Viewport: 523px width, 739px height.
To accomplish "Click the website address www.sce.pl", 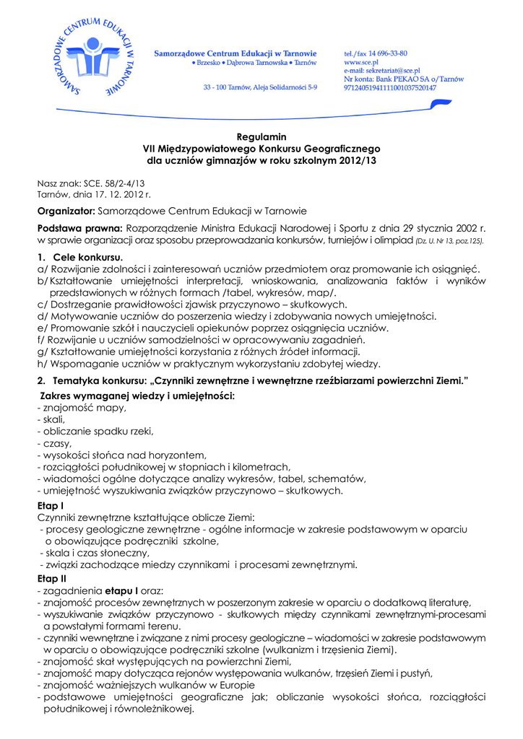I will click(x=361, y=63).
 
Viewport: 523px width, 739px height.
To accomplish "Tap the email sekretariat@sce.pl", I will click(x=386, y=71).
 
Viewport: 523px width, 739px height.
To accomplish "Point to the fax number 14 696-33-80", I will click(x=389, y=54).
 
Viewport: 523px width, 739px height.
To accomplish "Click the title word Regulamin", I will click(x=261, y=136).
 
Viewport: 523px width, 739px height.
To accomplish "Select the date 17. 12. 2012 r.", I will click(x=115, y=194).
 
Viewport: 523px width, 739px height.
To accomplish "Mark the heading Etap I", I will click(x=51, y=507).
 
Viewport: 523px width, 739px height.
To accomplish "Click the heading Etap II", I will click(x=52, y=579).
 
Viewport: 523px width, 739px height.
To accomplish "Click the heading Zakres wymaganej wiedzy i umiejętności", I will click(x=138, y=396).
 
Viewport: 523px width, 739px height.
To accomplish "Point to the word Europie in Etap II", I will click(x=214, y=685).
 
